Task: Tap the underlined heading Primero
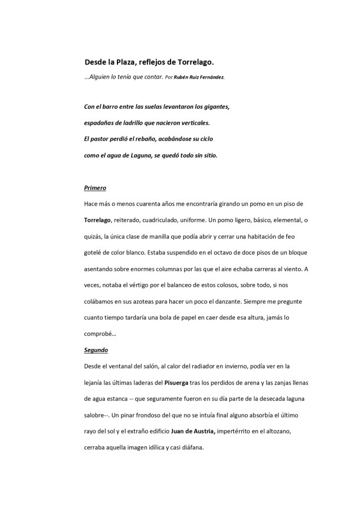tap(95, 188)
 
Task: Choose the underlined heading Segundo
tap(96, 350)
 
